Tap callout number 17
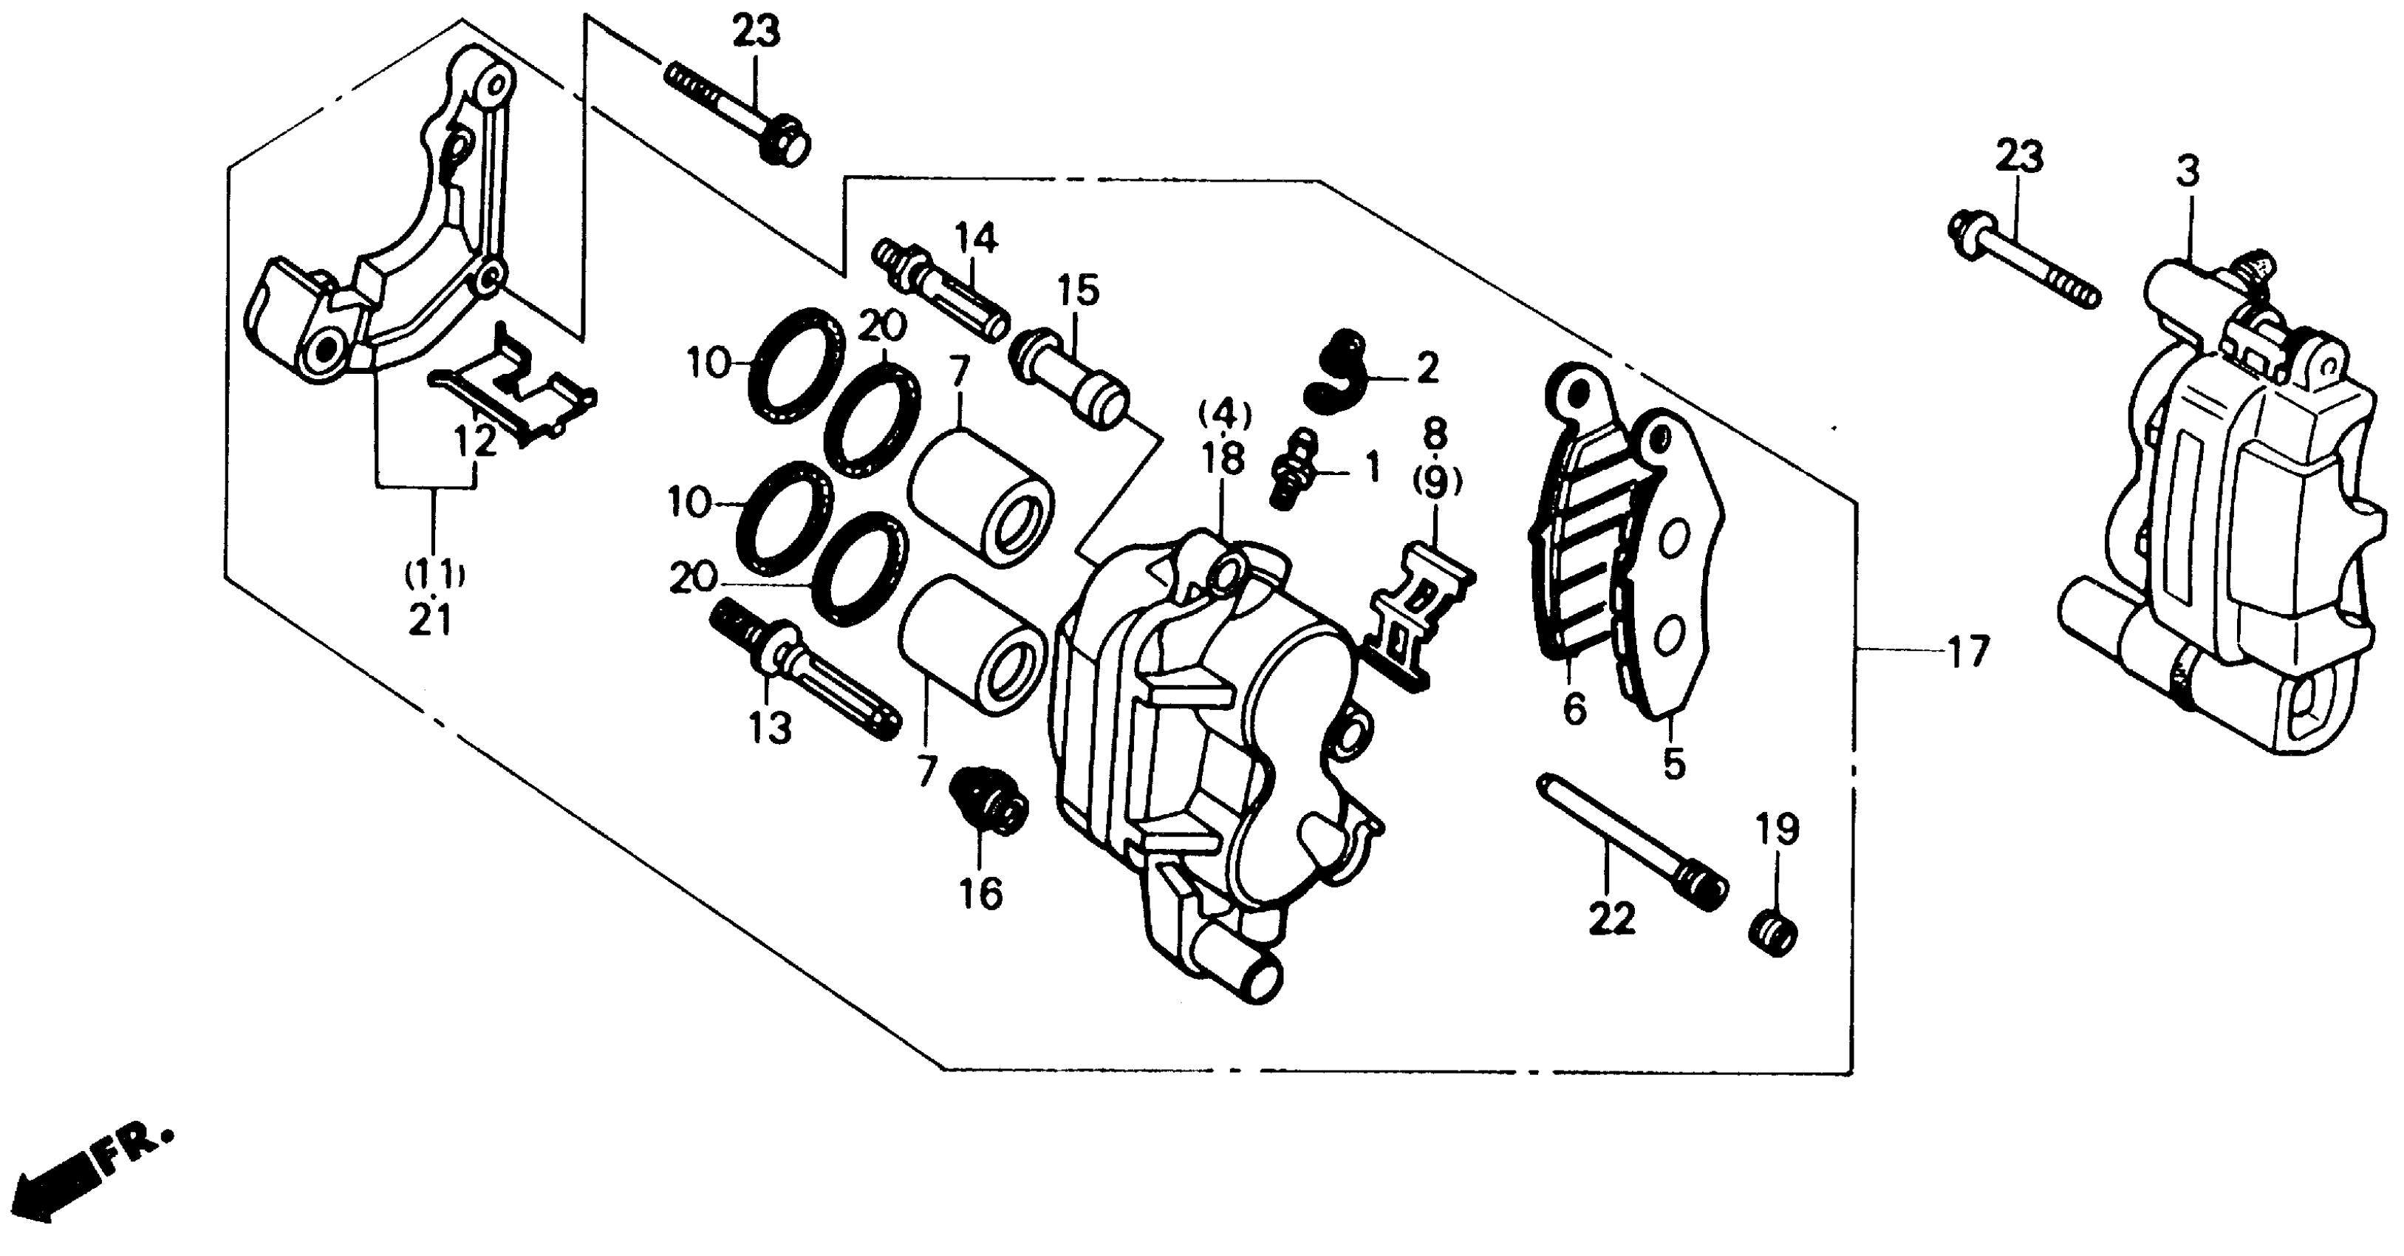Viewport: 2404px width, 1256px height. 1968,652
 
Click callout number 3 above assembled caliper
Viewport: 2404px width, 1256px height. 2188,173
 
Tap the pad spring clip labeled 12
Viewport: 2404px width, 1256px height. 513,397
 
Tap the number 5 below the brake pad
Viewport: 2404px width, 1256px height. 1674,763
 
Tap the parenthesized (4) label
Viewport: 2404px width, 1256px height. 1224,412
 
